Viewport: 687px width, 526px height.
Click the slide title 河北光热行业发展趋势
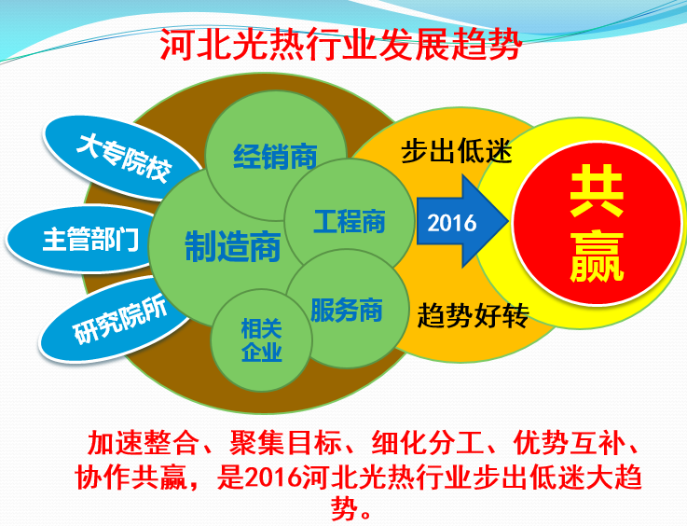coord(341,45)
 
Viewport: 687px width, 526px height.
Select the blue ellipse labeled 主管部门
coord(81,239)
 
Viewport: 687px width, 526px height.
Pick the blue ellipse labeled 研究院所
coord(117,320)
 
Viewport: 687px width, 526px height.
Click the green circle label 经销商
coord(275,157)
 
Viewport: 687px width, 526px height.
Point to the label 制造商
coord(233,247)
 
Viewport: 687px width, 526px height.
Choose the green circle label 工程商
coord(350,221)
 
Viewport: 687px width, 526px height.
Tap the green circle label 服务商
coord(346,310)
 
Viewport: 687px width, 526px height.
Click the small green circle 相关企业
coord(262,340)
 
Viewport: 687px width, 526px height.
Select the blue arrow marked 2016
coord(462,221)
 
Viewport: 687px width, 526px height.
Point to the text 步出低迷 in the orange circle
coord(457,151)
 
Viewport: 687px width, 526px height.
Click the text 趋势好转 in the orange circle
coord(474,315)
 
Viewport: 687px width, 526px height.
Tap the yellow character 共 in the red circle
coord(597,191)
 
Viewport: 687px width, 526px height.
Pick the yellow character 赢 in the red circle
coord(597,256)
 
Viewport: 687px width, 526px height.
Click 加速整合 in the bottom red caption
coord(143,443)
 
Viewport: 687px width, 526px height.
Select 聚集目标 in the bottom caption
coord(285,443)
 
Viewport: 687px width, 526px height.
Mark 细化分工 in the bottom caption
coord(428,443)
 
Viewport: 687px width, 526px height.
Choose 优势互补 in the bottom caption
coord(570,443)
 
